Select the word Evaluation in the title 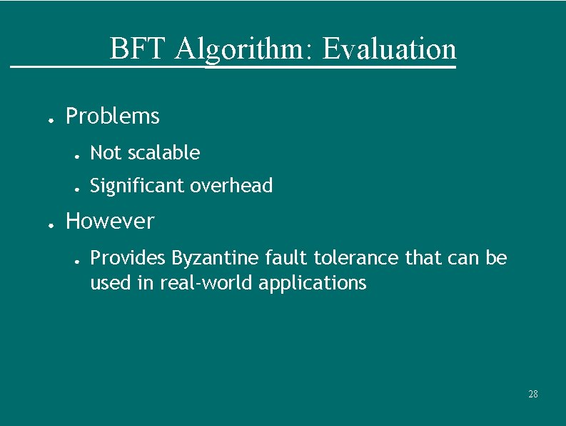click(x=389, y=49)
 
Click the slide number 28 click(x=532, y=394)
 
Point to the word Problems click(x=112, y=116)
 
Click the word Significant click(x=136, y=186)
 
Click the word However click(x=109, y=221)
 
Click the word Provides click(x=128, y=257)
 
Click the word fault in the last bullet click(x=282, y=257)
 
